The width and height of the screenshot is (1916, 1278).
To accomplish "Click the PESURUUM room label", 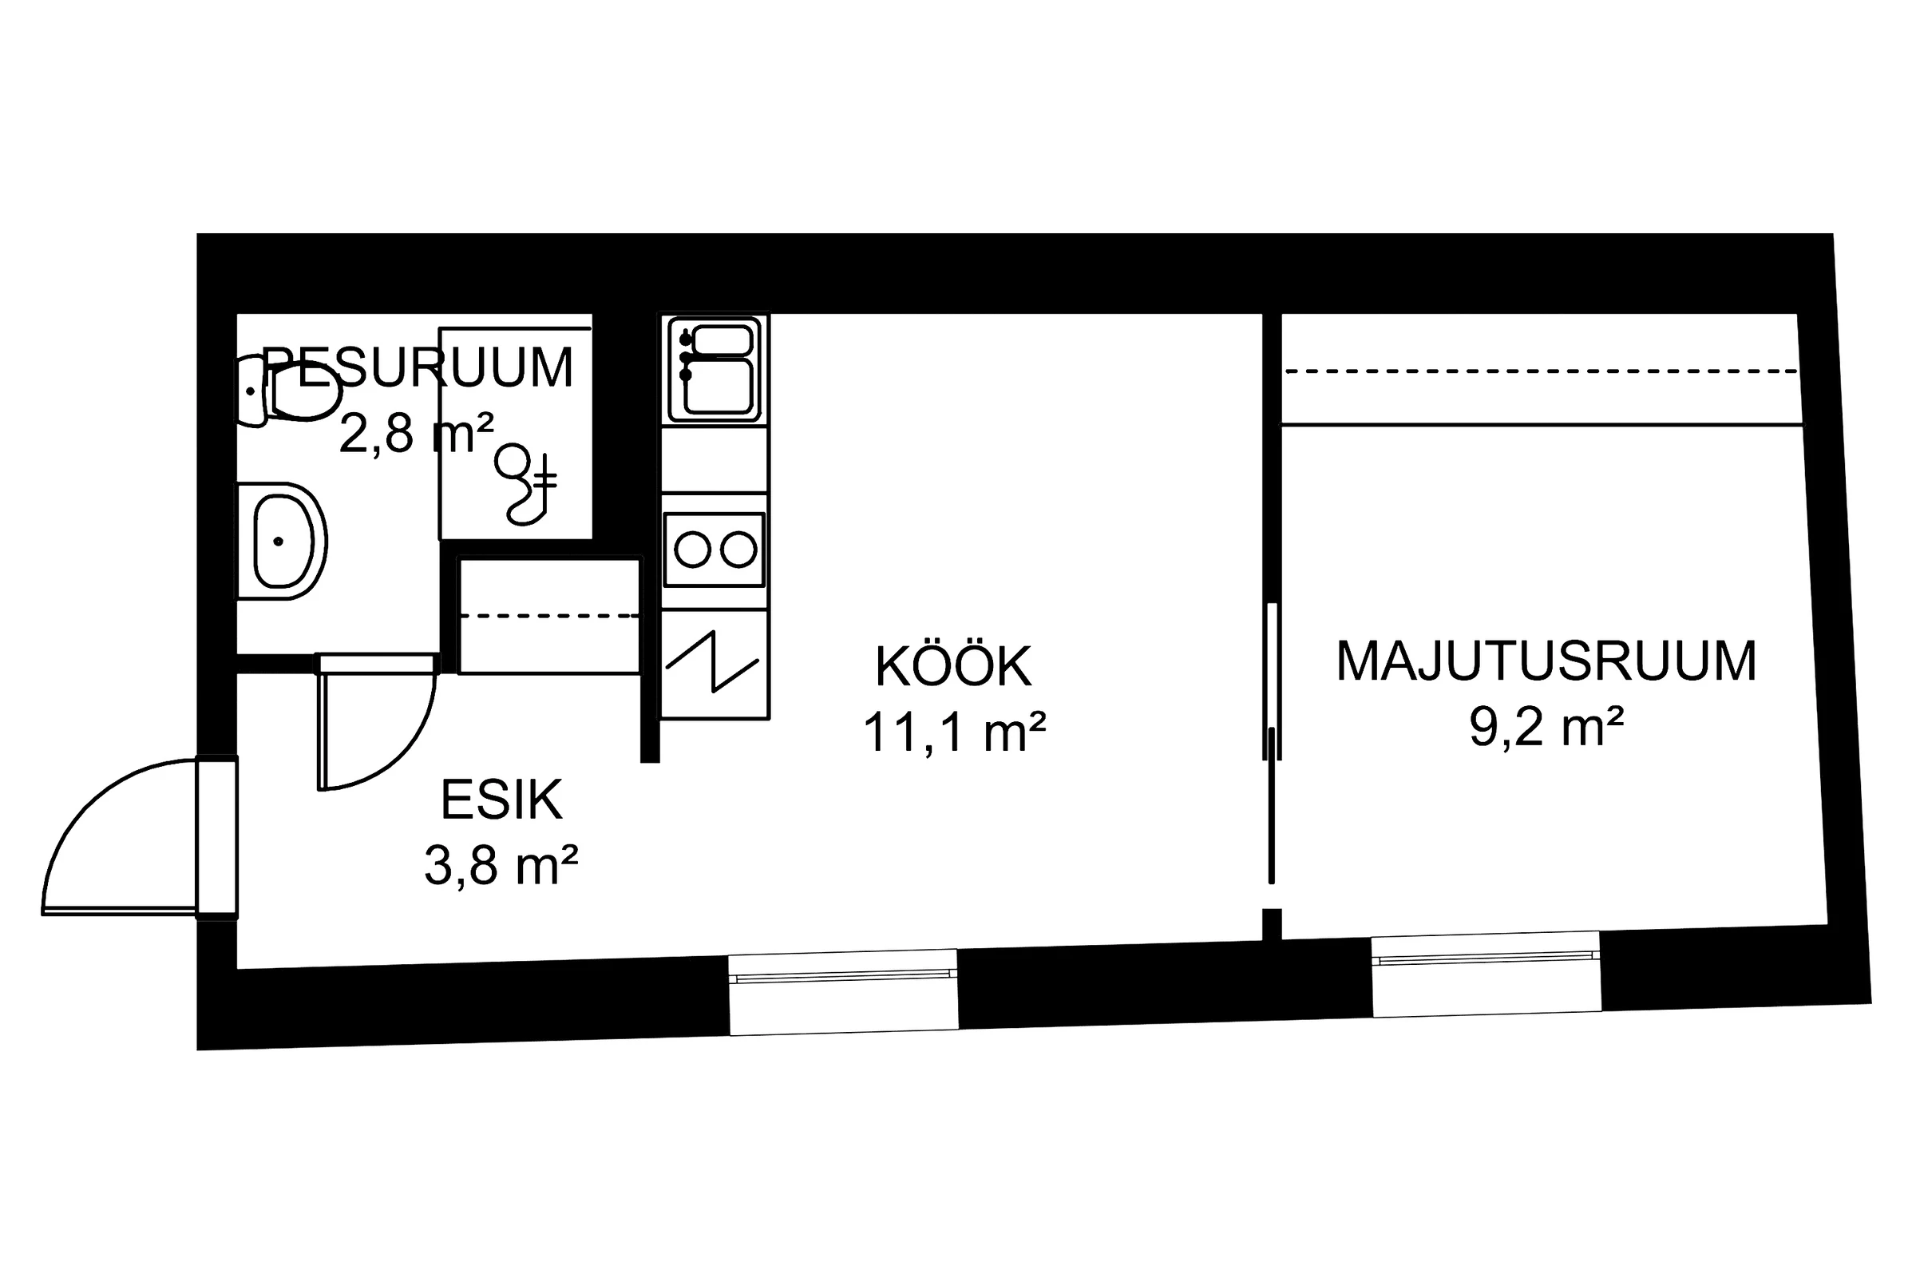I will click(x=417, y=368).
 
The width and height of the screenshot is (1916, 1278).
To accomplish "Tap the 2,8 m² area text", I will click(x=415, y=433).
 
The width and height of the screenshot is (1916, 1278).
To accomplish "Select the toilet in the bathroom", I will click(x=293, y=392).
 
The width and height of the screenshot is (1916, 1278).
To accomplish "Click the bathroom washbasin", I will click(x=282, y=542).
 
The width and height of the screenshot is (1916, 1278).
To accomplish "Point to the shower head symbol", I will click(x=525, y=485).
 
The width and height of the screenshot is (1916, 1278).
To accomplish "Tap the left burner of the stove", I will click(x=692, y=550).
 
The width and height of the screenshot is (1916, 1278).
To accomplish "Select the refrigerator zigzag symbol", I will click(x=713, y=662).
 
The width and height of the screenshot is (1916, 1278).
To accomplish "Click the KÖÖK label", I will click(x=953, y=667).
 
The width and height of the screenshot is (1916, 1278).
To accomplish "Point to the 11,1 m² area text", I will click(x=953, y=732).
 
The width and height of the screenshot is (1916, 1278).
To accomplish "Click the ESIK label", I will click(x=501, y=800).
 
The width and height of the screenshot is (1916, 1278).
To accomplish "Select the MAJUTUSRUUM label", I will click(x=1546, y=661).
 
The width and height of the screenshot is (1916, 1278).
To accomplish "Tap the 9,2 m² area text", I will click(x=1546, y=726).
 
